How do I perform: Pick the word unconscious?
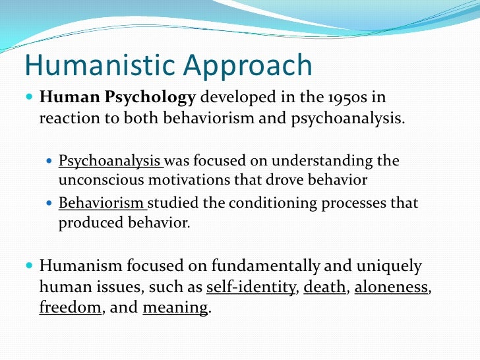(x=101, y=180)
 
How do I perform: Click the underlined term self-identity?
(x=251, y=287)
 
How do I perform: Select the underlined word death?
(x=324, y=287)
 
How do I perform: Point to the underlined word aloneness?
(x=391, y=287)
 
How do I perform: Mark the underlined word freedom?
(x=70, y=307)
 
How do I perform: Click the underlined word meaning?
(x=175, y=309)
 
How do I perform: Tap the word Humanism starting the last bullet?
(x=80, y=266)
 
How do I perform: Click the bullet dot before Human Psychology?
(x=30, y=97)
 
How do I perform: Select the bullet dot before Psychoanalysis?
(x=49, y=160)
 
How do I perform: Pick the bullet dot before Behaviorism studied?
(x=49, y=202)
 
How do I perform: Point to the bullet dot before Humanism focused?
(x=30, y=265)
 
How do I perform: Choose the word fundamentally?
(x=266, y=266)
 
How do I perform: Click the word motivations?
(x=189, y=180)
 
